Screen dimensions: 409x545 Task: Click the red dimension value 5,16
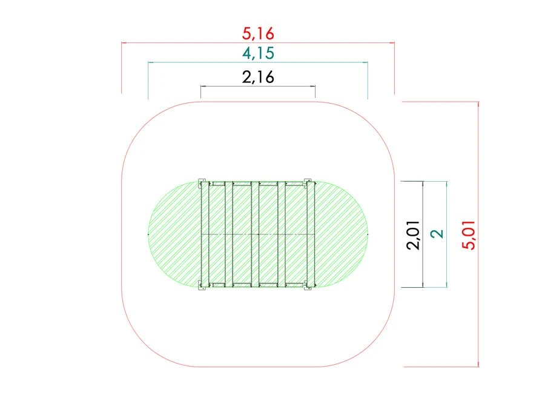coord(258,33)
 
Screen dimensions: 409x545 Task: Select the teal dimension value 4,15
coord(259,53)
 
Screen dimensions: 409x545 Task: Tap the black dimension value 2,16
coord(258,77)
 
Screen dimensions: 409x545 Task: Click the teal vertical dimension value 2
coord(440,234)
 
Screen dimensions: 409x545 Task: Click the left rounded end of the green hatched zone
coord(173,233)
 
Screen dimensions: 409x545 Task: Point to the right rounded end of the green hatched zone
coord(342,233)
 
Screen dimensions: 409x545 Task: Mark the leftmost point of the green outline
coord(149,233)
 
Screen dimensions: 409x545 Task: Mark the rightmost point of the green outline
coord(368,233)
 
